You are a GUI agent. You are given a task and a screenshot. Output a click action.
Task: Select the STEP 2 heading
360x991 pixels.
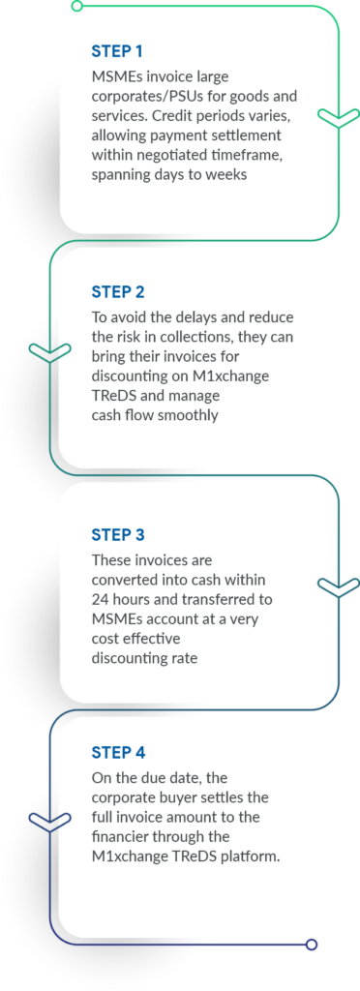pos(117,291)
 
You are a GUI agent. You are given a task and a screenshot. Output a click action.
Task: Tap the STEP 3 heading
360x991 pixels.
pos(117,534)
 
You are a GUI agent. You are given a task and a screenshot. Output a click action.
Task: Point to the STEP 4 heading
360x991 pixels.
pos(117,752)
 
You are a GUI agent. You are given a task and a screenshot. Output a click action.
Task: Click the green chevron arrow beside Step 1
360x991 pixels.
pos(338,118)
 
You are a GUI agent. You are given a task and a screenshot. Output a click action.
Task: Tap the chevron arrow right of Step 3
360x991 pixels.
pos(338,586)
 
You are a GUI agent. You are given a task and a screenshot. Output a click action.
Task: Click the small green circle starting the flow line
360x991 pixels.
pos(76,6)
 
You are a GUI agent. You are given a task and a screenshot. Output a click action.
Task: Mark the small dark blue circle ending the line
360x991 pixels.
pos(311,945)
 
